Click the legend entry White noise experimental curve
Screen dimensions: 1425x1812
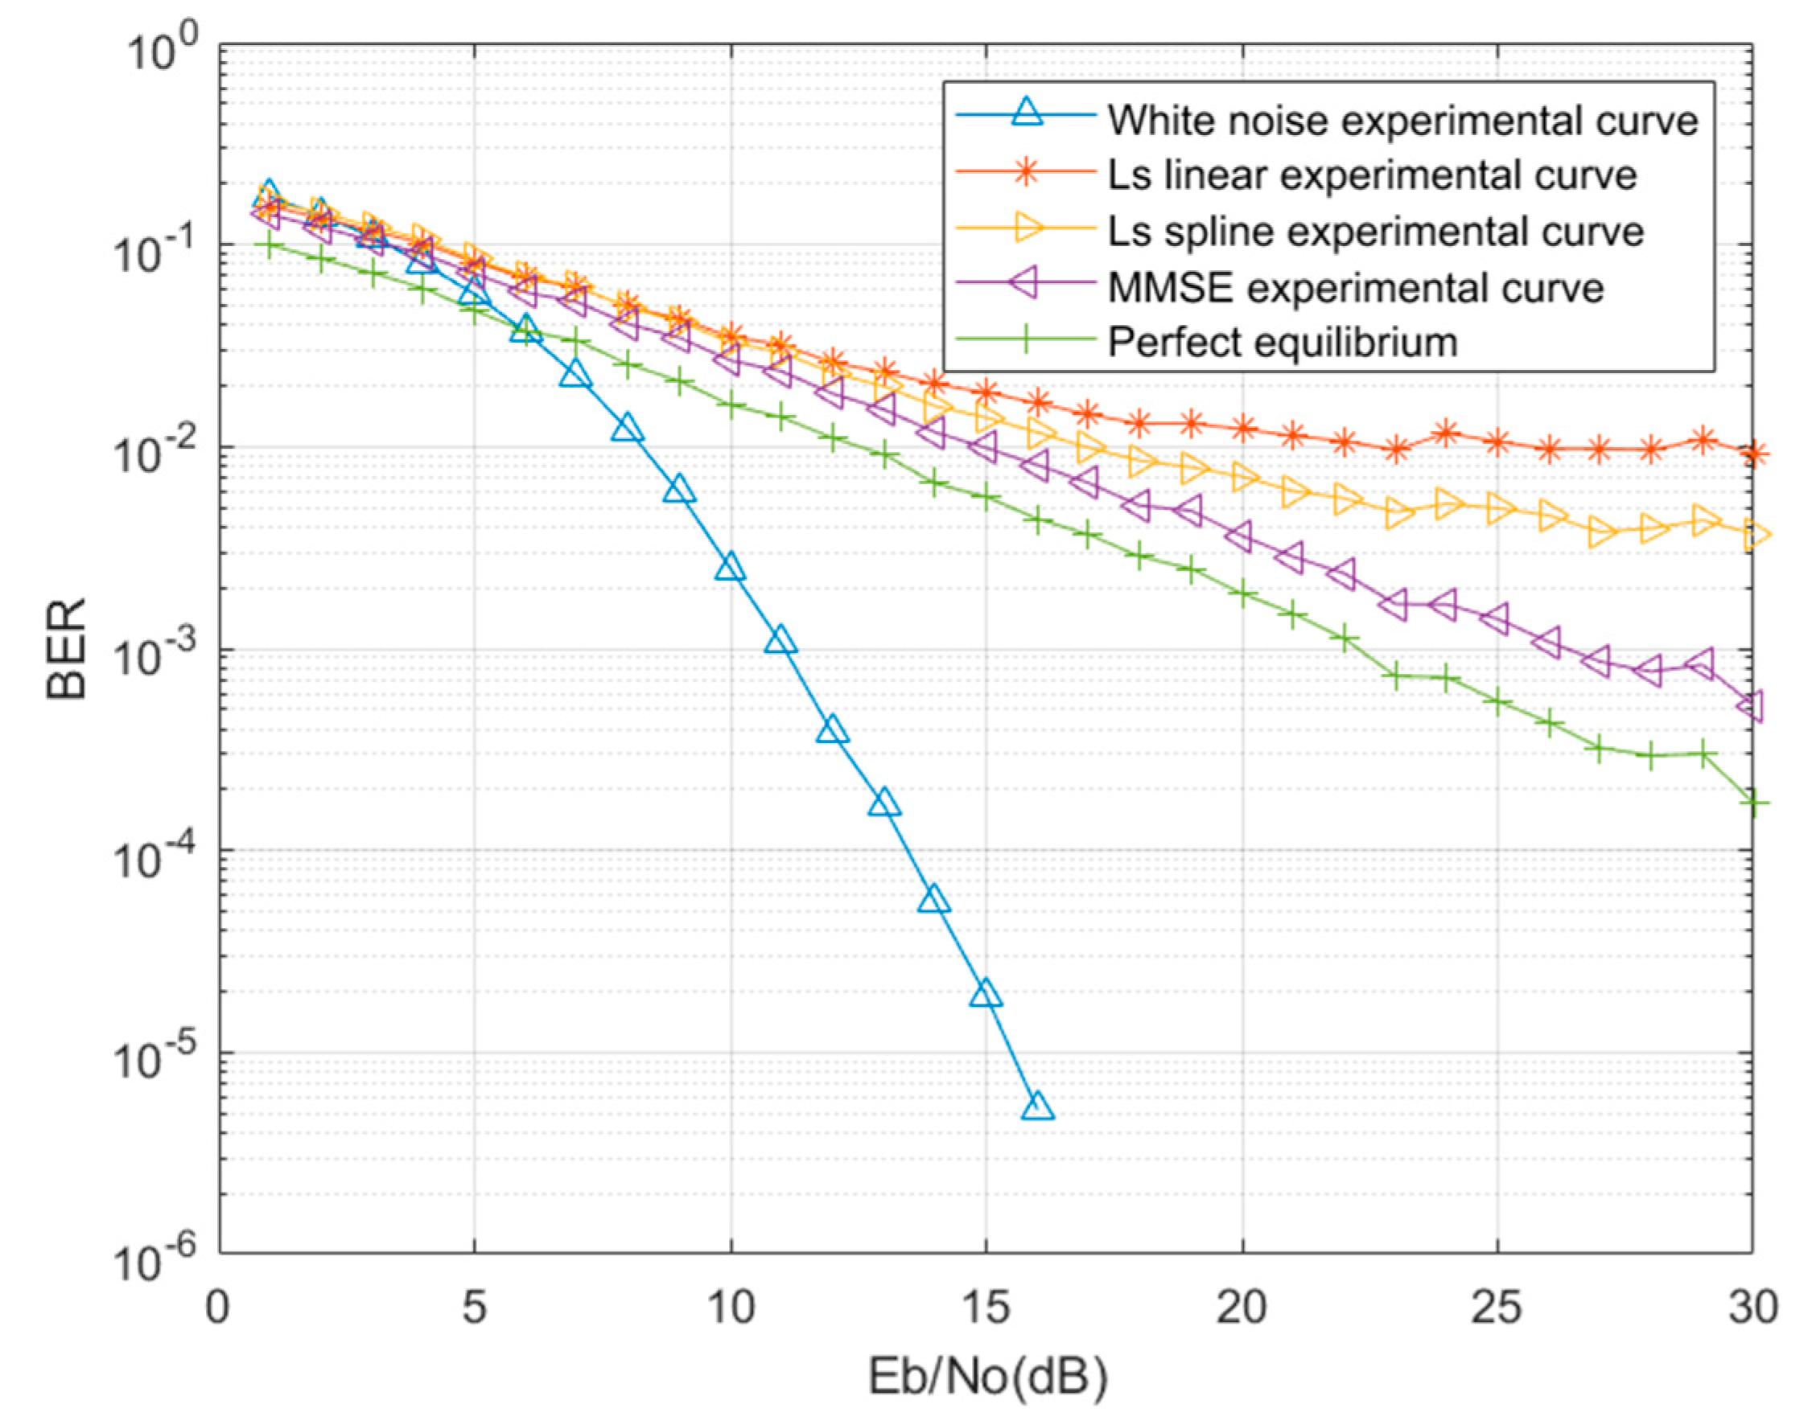[1402, 121]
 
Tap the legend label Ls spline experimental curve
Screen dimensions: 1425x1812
[1374, 231]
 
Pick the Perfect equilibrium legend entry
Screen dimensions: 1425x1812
[1282, 342]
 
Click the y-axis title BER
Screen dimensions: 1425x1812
[67, 649]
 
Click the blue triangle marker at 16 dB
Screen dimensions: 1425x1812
[1037, 1107]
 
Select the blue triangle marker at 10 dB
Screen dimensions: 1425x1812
[731, 567]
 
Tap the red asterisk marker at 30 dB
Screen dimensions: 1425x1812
[1753, 454]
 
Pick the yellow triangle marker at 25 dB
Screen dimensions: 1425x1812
[1500, 508]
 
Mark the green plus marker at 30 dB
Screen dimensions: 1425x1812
[1753, 803]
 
